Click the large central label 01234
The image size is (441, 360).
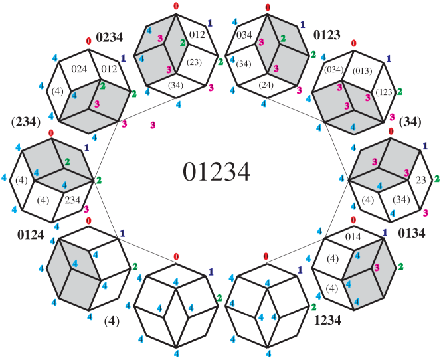pyautogui.click(x=217, y=172)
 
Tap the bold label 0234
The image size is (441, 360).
pyautogui.click(x=110, y=37)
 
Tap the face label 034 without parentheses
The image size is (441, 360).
pyautogui.click(x=244, y=35)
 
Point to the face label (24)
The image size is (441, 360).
pyautogui.click(x=266, y=85)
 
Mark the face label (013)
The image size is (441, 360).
pyautogui.click(x=363, y=70)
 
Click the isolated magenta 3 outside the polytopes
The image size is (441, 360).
pyautogui.click(x=153, y=125)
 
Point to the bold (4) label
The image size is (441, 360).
pyautogui.click(x=112, y=321)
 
